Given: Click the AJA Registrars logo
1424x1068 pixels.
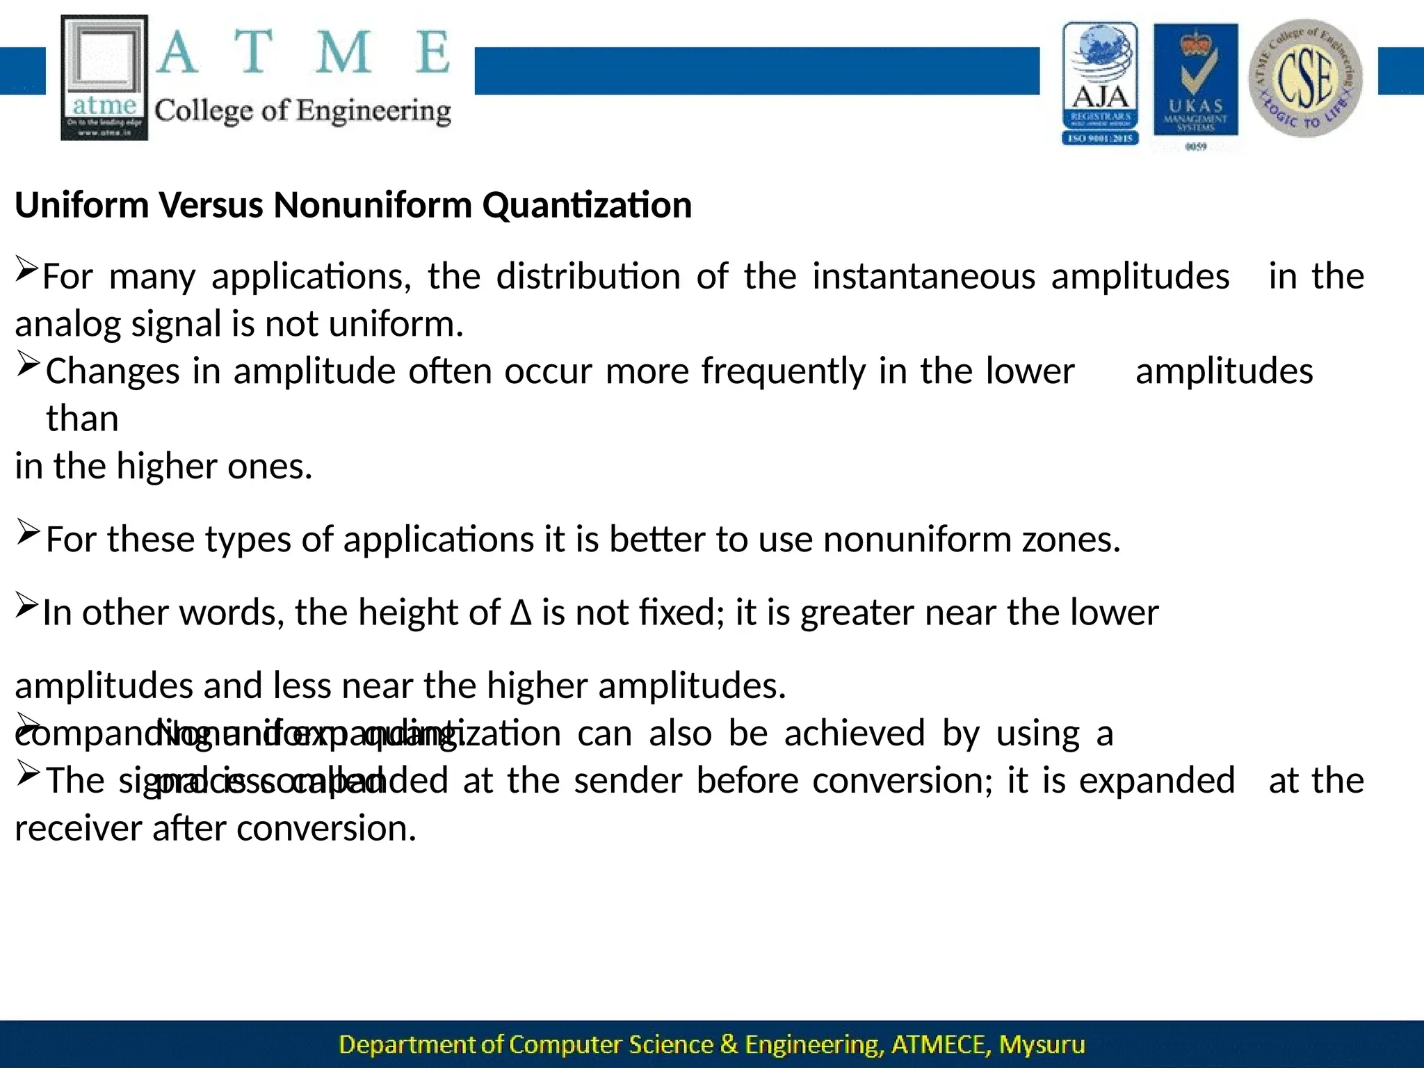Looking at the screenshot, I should click(1100, 83).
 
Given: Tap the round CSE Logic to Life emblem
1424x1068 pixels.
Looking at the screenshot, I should click(1306, 78).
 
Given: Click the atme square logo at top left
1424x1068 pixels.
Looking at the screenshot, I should click(105, 78).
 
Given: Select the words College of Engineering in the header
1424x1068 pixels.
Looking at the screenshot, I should click(302, 111).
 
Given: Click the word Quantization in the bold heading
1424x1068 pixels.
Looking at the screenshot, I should click(587, 205).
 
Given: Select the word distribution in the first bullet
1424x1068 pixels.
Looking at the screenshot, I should click(588, 277).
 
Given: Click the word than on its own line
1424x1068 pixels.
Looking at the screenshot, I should click(82, 419).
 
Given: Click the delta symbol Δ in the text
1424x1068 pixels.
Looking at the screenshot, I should click(521, 613).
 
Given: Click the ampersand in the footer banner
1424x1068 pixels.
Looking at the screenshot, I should click(729, 1044).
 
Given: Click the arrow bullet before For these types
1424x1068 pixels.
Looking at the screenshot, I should click(28, 534).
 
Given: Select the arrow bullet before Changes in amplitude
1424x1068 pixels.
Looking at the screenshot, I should click(28, 364).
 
